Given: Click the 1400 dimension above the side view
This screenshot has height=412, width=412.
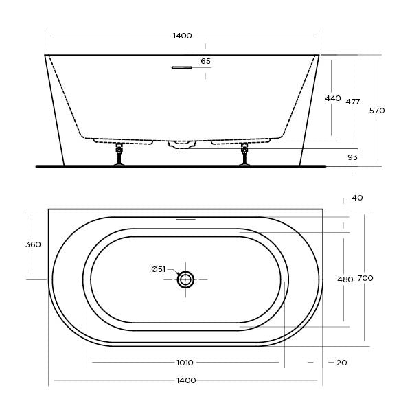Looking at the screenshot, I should [182, 36].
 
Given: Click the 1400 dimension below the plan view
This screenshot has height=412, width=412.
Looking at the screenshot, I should [186, 380].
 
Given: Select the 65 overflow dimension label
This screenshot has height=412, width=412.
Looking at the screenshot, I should [205, 61].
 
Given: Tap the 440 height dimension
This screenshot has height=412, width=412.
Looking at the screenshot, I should [333, 98].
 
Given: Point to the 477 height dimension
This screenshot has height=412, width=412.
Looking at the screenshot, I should [353, 102].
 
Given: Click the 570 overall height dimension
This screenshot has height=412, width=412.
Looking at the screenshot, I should [377, 110].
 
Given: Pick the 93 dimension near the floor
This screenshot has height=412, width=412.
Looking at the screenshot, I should [352, 157].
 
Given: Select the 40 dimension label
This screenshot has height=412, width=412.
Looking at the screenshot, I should [357, 198].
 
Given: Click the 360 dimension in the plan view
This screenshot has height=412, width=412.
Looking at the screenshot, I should [33, 244].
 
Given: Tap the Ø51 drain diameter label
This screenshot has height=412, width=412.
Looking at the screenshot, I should [159, 269].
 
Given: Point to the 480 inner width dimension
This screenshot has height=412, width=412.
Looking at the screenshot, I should [345, 279].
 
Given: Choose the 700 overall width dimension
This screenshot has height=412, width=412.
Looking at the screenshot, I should [365, 278].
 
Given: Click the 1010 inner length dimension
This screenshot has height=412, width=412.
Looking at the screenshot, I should [185, 362].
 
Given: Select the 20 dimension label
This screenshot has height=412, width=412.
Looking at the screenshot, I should [341, 362].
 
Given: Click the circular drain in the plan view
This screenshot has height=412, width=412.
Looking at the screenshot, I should [185, 279].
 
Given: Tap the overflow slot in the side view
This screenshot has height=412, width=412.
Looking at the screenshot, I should [182, 67].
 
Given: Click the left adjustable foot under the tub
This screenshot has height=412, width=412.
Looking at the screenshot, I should [119, 154].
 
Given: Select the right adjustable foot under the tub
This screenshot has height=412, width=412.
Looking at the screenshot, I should [244, 154].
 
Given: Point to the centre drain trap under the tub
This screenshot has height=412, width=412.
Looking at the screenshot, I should [182, 144].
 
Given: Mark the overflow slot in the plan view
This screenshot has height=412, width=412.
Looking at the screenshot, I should [185, 220].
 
